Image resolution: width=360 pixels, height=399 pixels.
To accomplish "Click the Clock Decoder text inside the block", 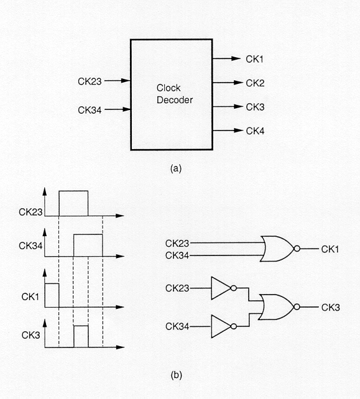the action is [175, 94].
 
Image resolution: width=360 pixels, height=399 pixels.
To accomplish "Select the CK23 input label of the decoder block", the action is [90, 81].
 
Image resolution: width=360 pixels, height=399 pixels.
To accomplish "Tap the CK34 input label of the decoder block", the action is [90, 110].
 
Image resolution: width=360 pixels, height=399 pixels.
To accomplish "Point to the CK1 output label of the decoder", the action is [254, 59].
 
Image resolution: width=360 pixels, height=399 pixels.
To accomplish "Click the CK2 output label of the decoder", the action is [255, 83].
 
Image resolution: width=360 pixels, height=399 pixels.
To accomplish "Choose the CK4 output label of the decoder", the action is [255, 131].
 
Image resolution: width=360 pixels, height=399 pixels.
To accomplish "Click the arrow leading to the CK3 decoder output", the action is [228, 107].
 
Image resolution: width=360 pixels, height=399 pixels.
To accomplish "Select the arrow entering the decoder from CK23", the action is [118, 81].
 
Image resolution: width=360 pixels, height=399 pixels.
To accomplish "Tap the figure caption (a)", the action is [176, 168].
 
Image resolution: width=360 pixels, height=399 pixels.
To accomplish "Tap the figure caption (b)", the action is [176, 375].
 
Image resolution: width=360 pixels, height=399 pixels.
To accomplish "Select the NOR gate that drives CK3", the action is [279, 307].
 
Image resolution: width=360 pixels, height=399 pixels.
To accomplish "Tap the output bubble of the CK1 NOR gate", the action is [297, 249].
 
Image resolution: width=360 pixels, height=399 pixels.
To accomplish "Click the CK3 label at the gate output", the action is [331, 308].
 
